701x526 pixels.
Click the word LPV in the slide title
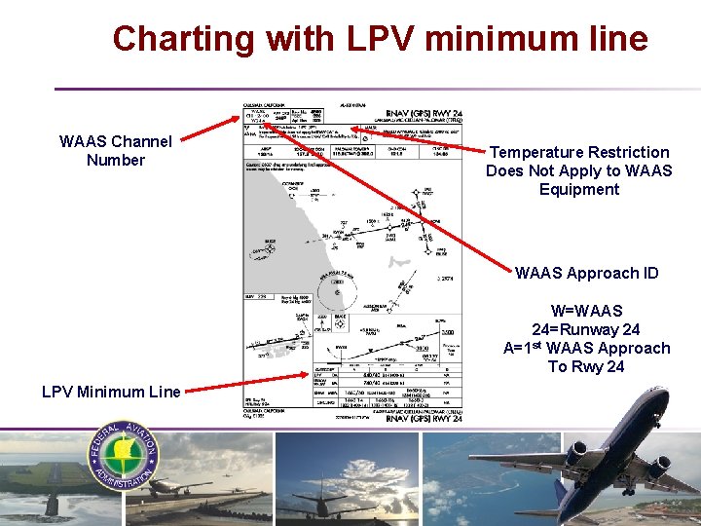click(377, 39)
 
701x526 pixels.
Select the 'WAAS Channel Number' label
click(115, 150)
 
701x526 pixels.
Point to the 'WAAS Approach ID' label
click(586, 273)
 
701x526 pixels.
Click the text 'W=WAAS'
click(586, 311)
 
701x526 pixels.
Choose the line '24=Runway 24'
click(586, 329)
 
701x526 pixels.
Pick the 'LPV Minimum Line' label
click(111, 392)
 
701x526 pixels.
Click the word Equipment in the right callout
click(579, 189)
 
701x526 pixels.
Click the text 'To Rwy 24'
click(586, 366)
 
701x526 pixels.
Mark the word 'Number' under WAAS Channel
click(115, 160)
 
